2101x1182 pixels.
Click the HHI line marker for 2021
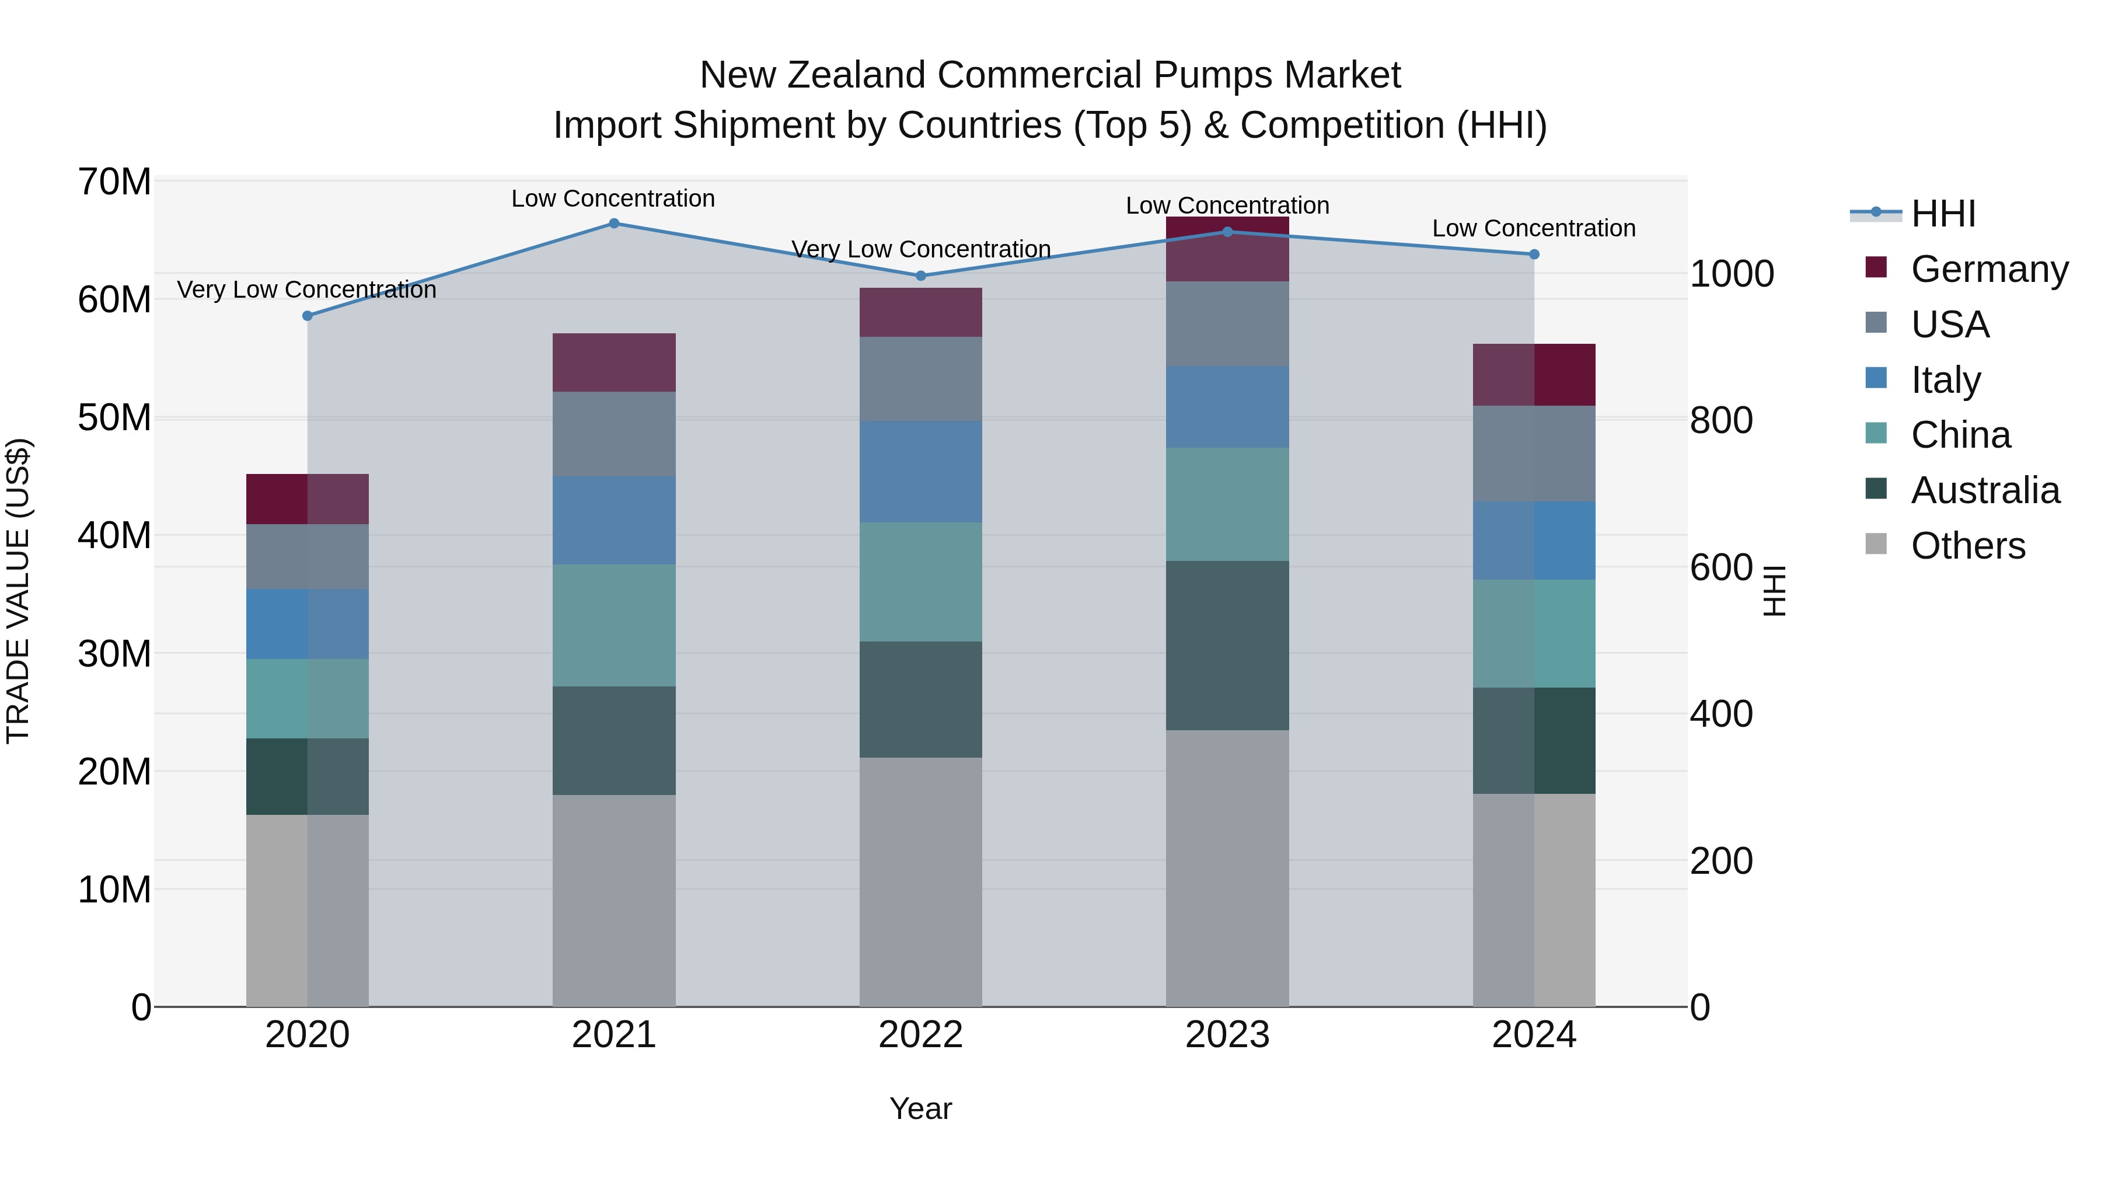614,224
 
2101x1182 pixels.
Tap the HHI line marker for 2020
308,316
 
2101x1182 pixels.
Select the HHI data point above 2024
1534,254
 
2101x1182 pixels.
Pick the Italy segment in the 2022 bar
921,472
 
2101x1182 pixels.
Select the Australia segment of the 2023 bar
1227,645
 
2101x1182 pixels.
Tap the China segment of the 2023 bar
1227,504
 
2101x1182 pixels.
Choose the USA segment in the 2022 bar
921,379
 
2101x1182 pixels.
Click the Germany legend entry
1988,269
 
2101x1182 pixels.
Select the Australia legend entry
1984,490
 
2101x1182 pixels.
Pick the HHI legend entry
1943,214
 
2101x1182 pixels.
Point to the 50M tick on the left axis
114,418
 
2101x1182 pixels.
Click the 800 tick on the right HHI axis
1722,420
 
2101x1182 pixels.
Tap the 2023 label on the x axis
1227,1035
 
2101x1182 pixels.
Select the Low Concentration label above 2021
613,198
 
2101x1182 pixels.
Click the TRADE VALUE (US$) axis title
18,591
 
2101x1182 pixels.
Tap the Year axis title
921,1108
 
